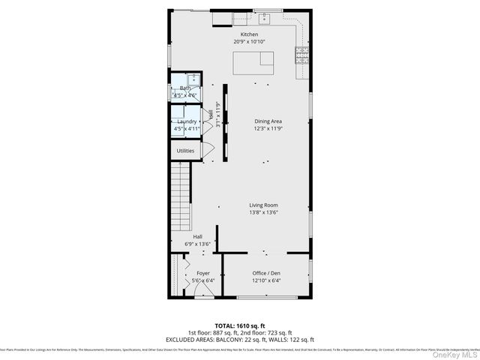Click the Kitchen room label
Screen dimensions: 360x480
click(x=249, y=35)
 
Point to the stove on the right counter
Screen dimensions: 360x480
click(x=303, y=52)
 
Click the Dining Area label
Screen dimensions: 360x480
click(x=268, y=121)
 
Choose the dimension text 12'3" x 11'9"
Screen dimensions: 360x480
click(x=268, y=128)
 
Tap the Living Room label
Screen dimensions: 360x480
click(x=264, y=205)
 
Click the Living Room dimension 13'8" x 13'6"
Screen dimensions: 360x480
click(x=264, y=212)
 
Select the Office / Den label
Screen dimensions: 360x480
click(x=267, y=273)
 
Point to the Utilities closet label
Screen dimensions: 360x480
click(x=185, y=151)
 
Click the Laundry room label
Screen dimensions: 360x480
click(x=187, y=121)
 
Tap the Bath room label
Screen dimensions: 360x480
click(x=184, y=88)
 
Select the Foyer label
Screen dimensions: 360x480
click(x=203, y=273)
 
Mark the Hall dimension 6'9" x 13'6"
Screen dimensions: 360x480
click(x=198, y=244)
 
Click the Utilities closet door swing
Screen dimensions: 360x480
click(x=208, y=151)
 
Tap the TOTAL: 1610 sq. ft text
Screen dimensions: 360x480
click(x=239, y=325)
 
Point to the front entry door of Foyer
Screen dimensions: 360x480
click(x=203, y=296)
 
